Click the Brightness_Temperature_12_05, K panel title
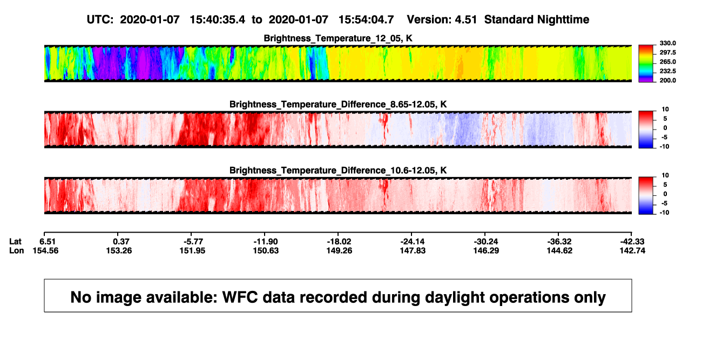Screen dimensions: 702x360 tap(338, 38)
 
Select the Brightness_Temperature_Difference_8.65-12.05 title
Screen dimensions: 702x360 tap(338, 104)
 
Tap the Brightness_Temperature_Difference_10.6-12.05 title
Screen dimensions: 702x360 tap(338, 171)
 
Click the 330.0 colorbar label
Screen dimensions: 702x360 tap(667, 43)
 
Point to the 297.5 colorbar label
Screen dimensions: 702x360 tap(667, 52)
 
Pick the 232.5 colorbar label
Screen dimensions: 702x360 tap(667, 71)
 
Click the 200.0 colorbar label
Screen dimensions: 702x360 tap(667, 80)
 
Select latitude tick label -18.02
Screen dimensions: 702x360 tap(339, 242)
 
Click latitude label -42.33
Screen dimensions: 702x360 tap(632, 242)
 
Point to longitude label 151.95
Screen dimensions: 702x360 tap(192, 250)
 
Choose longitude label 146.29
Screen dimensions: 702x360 tap(486, 250)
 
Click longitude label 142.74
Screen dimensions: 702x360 tap(632, 250)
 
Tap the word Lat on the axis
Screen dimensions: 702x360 tap(15, 242)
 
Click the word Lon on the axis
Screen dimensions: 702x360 tap(17, 250)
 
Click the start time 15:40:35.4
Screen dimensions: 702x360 tap(217, 19)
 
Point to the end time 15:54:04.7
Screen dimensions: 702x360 tap(366, 19)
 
